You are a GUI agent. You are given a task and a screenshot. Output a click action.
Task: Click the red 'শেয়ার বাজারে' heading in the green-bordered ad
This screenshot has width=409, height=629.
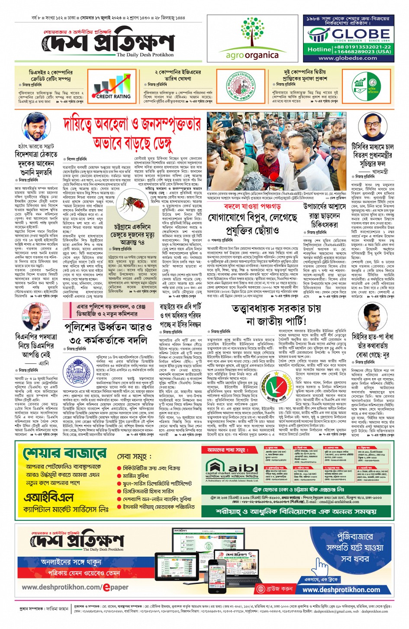pos(64,454)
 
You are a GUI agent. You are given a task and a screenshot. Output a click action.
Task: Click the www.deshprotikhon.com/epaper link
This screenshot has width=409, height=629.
pos(75,587)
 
